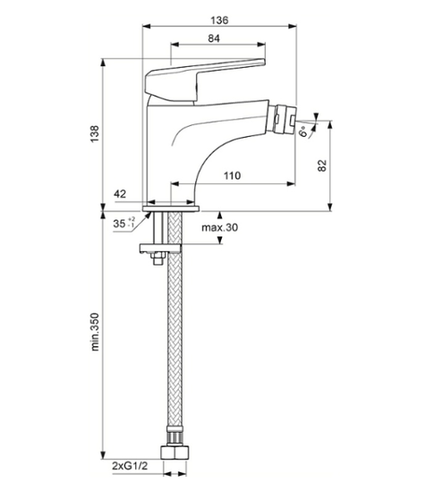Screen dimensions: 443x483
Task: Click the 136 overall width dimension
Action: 219,21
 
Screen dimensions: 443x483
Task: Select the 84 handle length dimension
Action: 214,38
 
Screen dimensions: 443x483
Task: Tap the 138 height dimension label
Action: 95,133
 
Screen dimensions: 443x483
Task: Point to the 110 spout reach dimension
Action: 232,175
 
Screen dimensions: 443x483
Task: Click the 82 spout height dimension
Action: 321,165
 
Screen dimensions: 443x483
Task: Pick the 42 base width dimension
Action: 120,194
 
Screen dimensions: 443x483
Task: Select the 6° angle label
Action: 303,131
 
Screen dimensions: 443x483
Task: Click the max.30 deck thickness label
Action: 220,227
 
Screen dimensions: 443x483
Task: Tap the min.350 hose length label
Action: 95,332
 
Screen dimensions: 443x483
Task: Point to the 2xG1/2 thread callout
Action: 130,466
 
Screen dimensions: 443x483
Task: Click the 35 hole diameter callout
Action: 124,223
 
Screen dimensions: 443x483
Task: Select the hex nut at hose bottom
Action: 175,453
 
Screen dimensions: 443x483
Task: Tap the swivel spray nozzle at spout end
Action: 285,119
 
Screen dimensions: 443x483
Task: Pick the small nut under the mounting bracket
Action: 158,258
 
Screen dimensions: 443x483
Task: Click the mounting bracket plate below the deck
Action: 160,249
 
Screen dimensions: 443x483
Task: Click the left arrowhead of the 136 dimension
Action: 146,26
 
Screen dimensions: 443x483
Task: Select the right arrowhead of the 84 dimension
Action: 261,45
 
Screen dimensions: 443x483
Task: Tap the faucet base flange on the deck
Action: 171,208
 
